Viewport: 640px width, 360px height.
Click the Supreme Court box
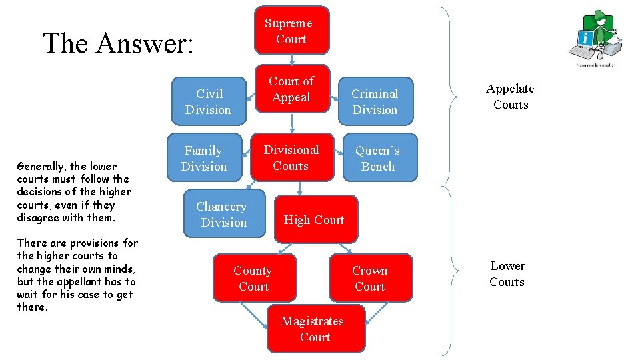[291, 30]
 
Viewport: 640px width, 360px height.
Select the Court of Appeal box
[291, 89]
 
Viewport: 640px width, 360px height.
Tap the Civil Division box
[208, 101]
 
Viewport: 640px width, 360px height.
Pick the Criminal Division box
[375, 101]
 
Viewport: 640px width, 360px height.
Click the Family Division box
[204, 159]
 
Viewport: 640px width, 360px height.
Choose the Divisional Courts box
[291, 157]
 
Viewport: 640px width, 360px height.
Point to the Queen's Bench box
[379, 159]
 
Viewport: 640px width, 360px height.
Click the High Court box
[314, 219]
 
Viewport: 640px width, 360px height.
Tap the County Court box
[253, 278]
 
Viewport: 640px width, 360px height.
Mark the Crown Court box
[370, 278]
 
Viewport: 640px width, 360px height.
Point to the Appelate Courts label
[510, 97]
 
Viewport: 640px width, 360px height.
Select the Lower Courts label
[507, 274]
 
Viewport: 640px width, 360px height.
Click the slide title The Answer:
[118, 43]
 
